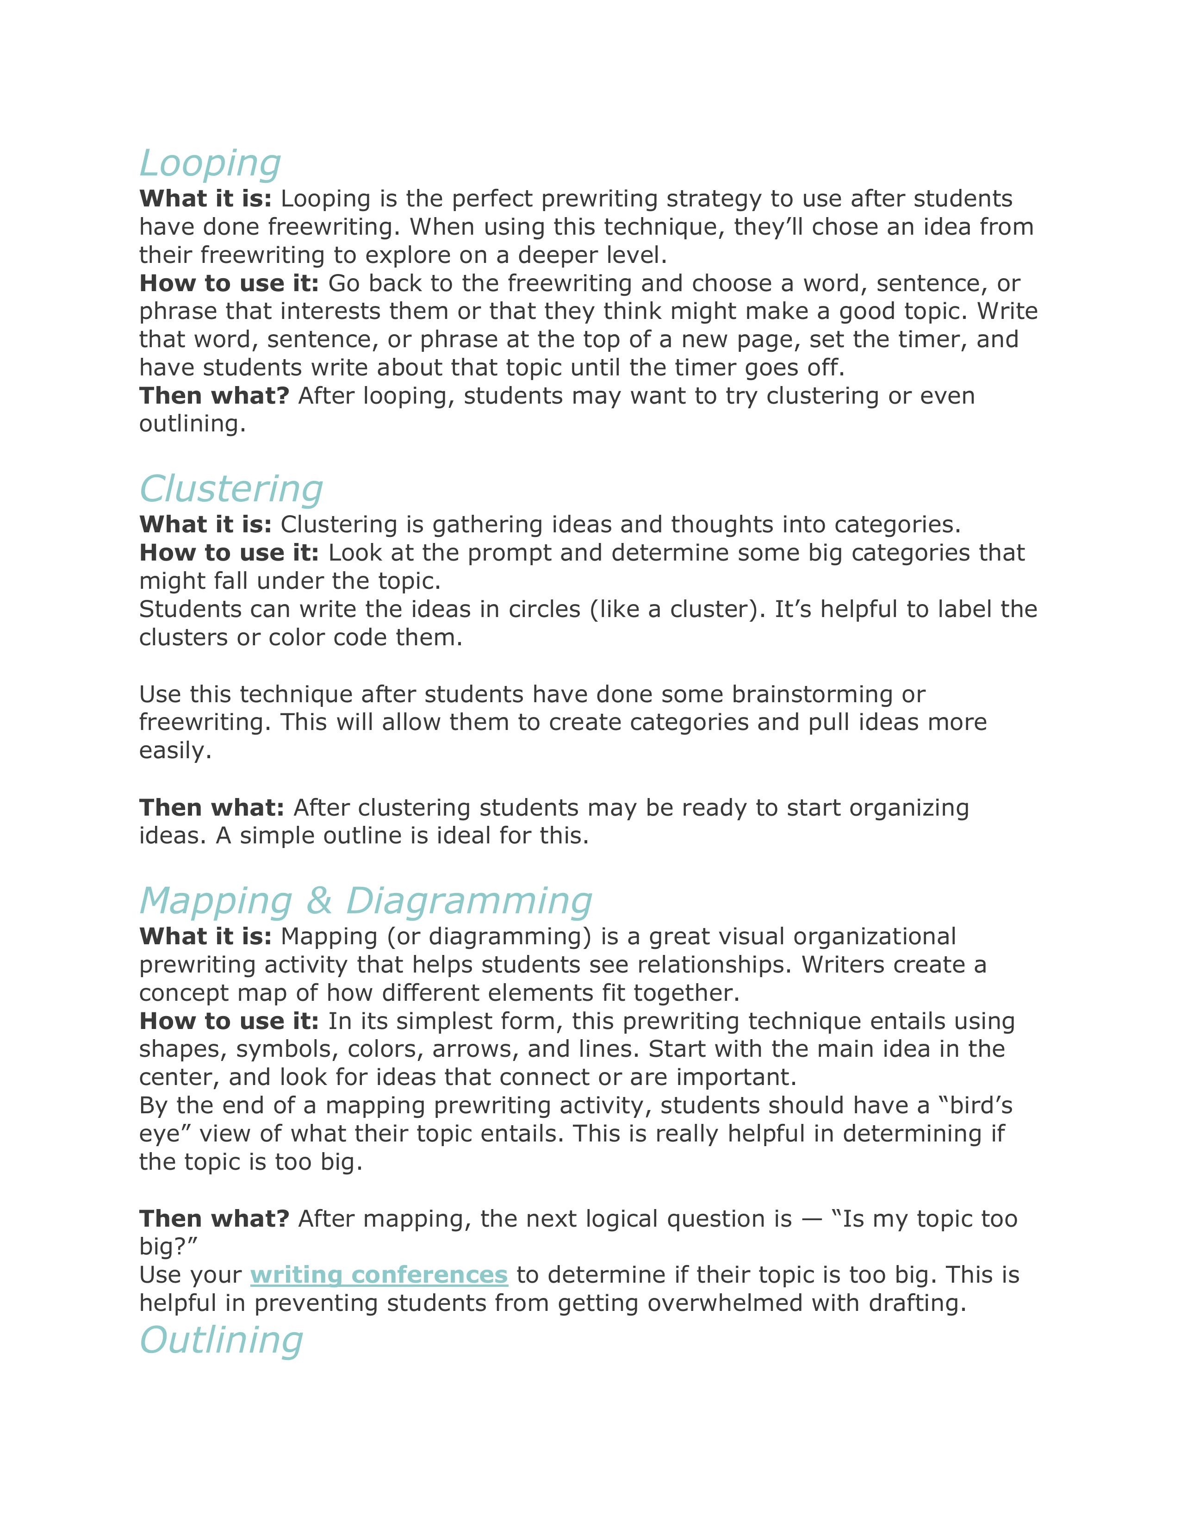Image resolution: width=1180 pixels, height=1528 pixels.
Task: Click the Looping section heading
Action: (210, 164)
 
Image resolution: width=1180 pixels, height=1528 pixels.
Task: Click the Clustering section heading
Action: (231, 489)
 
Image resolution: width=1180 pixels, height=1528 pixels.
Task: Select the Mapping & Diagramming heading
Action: (365, 901)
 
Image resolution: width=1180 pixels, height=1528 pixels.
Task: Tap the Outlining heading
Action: (221, 1341)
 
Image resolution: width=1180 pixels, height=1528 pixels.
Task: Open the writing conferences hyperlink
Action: (379, 1275)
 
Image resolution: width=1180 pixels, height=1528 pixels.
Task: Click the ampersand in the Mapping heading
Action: (319, 901)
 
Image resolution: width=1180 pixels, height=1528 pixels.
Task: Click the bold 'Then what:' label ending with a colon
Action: (211, 807)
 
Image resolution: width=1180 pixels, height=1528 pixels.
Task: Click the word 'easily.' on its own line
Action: (175, 751)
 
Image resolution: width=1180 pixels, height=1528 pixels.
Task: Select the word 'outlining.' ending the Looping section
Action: (193, 424)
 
